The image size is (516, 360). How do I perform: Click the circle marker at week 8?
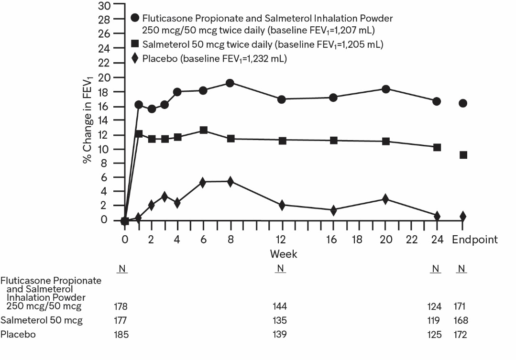230,83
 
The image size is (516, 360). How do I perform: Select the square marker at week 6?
203,130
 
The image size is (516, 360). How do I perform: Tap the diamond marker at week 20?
385,199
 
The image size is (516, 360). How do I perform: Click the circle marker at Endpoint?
463,103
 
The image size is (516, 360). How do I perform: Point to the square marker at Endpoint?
463,155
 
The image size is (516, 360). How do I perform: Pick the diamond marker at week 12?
282,205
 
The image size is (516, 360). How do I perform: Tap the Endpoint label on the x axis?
475,240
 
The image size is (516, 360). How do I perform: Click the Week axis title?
283,253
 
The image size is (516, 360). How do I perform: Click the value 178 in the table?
122,306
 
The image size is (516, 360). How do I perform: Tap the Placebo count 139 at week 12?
280,334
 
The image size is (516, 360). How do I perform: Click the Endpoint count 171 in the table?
461,306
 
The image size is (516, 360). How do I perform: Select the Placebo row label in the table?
18,334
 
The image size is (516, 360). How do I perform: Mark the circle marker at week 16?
333,97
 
